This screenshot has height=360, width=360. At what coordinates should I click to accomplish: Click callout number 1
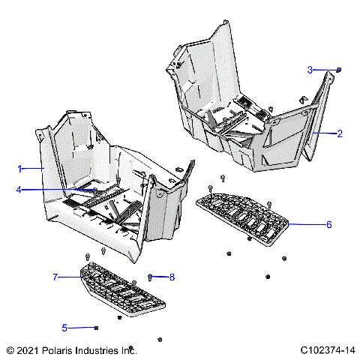tap(20, 168)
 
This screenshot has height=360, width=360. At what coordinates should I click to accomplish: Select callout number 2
tap(340, 134)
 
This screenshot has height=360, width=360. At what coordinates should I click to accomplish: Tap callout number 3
tap(310, 70)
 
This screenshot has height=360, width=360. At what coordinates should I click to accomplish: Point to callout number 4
tap(19, 190)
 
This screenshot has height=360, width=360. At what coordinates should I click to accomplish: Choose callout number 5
tap(64, 327)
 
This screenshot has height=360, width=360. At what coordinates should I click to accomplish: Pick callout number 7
tap(55, 277)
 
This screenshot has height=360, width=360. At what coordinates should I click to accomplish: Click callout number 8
tap(172, 277)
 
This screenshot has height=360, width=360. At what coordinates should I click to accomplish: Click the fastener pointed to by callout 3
tap(339, 70)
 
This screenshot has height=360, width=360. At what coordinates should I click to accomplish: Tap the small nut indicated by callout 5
tap(97, 328)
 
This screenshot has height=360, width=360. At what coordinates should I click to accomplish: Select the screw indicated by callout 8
tap(151, 277)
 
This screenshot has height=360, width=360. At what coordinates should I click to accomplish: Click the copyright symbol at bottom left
tap(10, 350)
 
